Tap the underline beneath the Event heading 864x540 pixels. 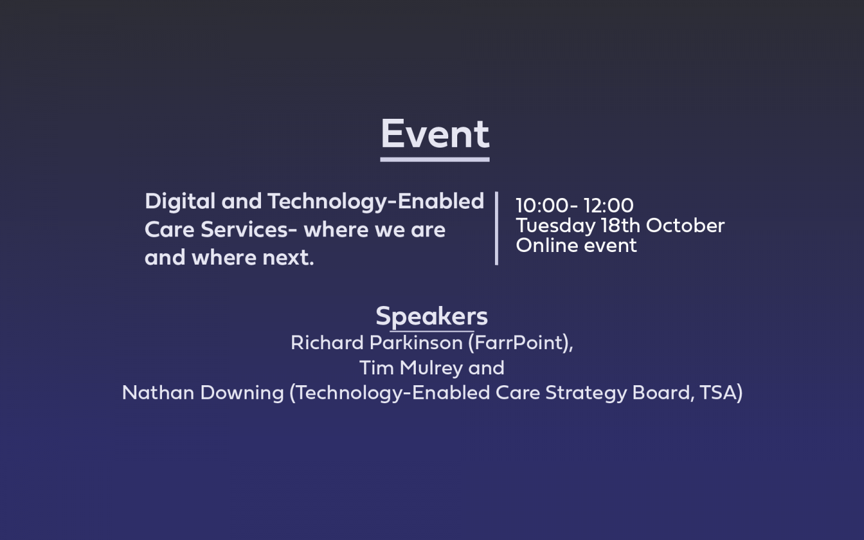point(435,160)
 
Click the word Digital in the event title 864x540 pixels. point(180,202)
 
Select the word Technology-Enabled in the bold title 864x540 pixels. point(376,202)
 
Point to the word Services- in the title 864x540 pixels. point(249,229)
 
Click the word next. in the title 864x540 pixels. point(288,257)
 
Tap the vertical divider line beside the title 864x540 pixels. point(496,229)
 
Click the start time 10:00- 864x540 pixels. point(547,205)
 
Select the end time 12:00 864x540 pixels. point(608,205)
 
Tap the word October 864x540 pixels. point(685,225)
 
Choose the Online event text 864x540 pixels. point(576,245)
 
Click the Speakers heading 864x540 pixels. point(432,317)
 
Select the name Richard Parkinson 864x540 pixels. point(377,343)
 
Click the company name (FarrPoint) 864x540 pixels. point(521,343)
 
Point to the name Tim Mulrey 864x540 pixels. point(411,368)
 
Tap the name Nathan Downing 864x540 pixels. point(203,392)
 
